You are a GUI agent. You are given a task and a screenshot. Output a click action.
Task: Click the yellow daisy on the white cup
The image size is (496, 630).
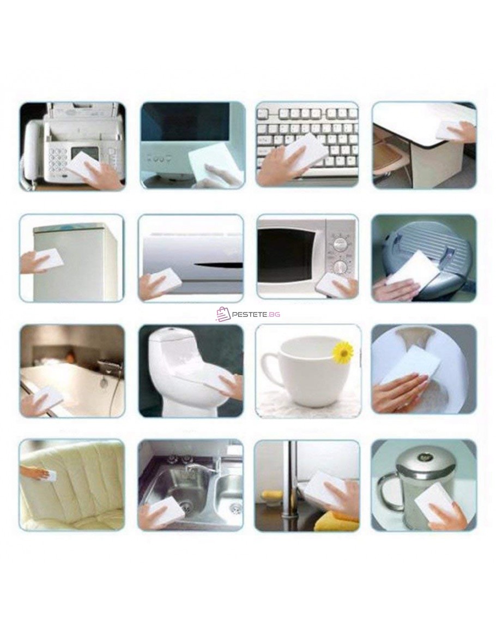pyautogui.click(x=343, y=352)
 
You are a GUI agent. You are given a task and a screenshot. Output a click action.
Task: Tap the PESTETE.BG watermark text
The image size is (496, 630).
pyautogui.click(x=256, y=314)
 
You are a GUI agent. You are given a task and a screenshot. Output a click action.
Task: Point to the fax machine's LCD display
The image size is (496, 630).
pyautogui.click(x=84, y=153)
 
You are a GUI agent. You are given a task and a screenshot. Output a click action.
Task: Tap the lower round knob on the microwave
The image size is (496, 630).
pyautogui.click(x=341, y=266)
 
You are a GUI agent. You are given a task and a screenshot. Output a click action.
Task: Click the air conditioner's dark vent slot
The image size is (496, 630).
pyautogui.click(x=219, y=266)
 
